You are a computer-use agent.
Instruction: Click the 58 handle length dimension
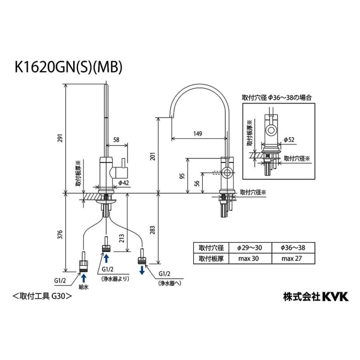click(116, 140)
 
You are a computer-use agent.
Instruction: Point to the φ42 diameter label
click(123, 182)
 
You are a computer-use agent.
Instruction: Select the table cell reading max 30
click(249, 258)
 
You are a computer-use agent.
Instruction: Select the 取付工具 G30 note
click(42, 296)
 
